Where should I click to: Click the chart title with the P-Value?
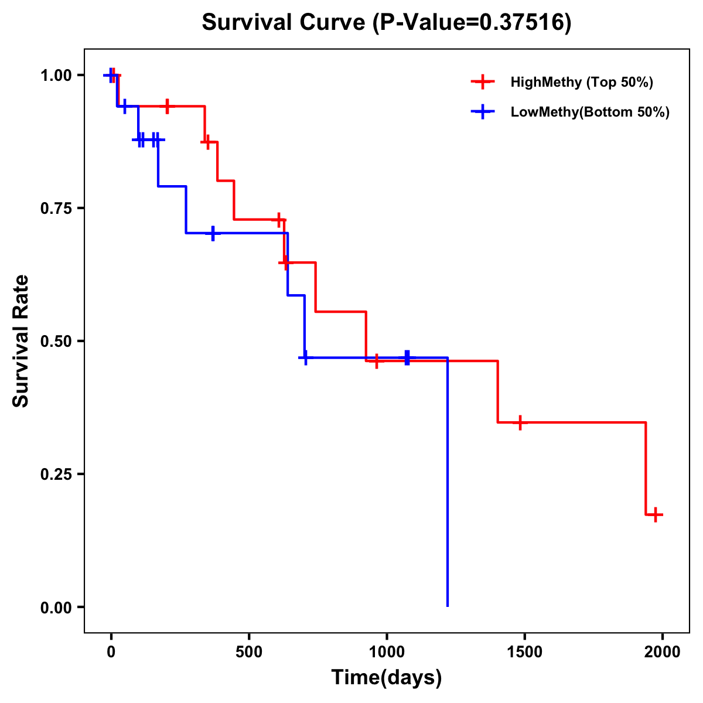[386, 22]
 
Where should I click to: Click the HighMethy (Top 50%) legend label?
[582, 82]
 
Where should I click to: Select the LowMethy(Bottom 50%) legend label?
[590, 112]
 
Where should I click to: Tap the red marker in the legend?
[483, 82]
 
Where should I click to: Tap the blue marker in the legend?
[483, 112]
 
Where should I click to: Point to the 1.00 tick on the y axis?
[56, 76]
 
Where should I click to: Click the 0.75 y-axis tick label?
[56, 209]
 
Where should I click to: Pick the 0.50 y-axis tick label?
[56, 342]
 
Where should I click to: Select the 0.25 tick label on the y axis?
[56, 475]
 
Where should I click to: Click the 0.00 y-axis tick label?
[56, 608]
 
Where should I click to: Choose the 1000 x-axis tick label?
[387, 652]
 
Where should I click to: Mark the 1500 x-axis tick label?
[524, 652]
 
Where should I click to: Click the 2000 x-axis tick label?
[663, 652]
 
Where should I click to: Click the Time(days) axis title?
[387, 678]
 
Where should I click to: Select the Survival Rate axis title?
[21, 341]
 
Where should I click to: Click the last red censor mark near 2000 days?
[656, 515]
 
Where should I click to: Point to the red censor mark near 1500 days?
[519, 422]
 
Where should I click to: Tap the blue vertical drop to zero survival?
[448, 480]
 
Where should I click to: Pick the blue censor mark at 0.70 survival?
[213, 233]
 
